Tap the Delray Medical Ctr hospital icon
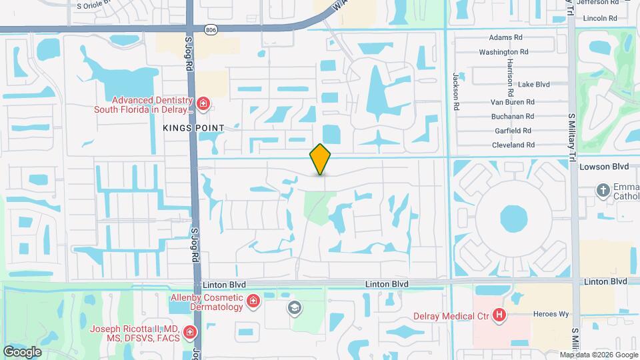click(x=498, y=316)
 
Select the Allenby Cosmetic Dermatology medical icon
click(x=253, y=303)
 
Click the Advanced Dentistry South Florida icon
click(x=203, y=105)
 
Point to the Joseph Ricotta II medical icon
click(x=191, y=331)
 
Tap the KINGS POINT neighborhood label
click(x=193, y=127)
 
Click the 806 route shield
click(x=211, y=30)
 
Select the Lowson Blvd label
click(x=604, y=167)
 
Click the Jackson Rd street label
click(x=457, y=91)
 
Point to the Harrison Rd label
click(x=510, y=77)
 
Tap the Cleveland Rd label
click(x=513, y=145)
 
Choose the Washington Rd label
click(x=503, y=51)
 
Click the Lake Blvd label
click(x=533, y=85)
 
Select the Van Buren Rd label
click(x=513, y=102)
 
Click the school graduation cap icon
click(x=293, y=308)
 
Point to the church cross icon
click(x=603, y=191)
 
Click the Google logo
click(x=22, y=351)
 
